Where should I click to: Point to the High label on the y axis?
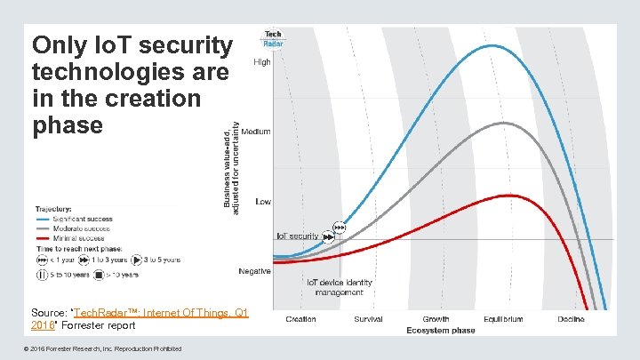[x=262, y=62]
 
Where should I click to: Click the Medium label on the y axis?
[x=256, y=132]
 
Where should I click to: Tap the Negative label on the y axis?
[x=254, y=271]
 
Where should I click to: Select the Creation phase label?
[x=300, y=319]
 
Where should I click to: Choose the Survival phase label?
[x=368, y=319]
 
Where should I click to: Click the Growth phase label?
[x=436, y=319]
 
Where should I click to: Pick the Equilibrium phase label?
[x=503, y=319]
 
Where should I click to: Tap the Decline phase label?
[x=571, y=319]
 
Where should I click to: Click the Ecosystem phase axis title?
[x=440, y=331]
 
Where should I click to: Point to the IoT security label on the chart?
[x=298, y=236]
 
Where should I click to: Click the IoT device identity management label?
[x=339, y=287]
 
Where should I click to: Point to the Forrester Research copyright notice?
[x=107, y=348]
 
